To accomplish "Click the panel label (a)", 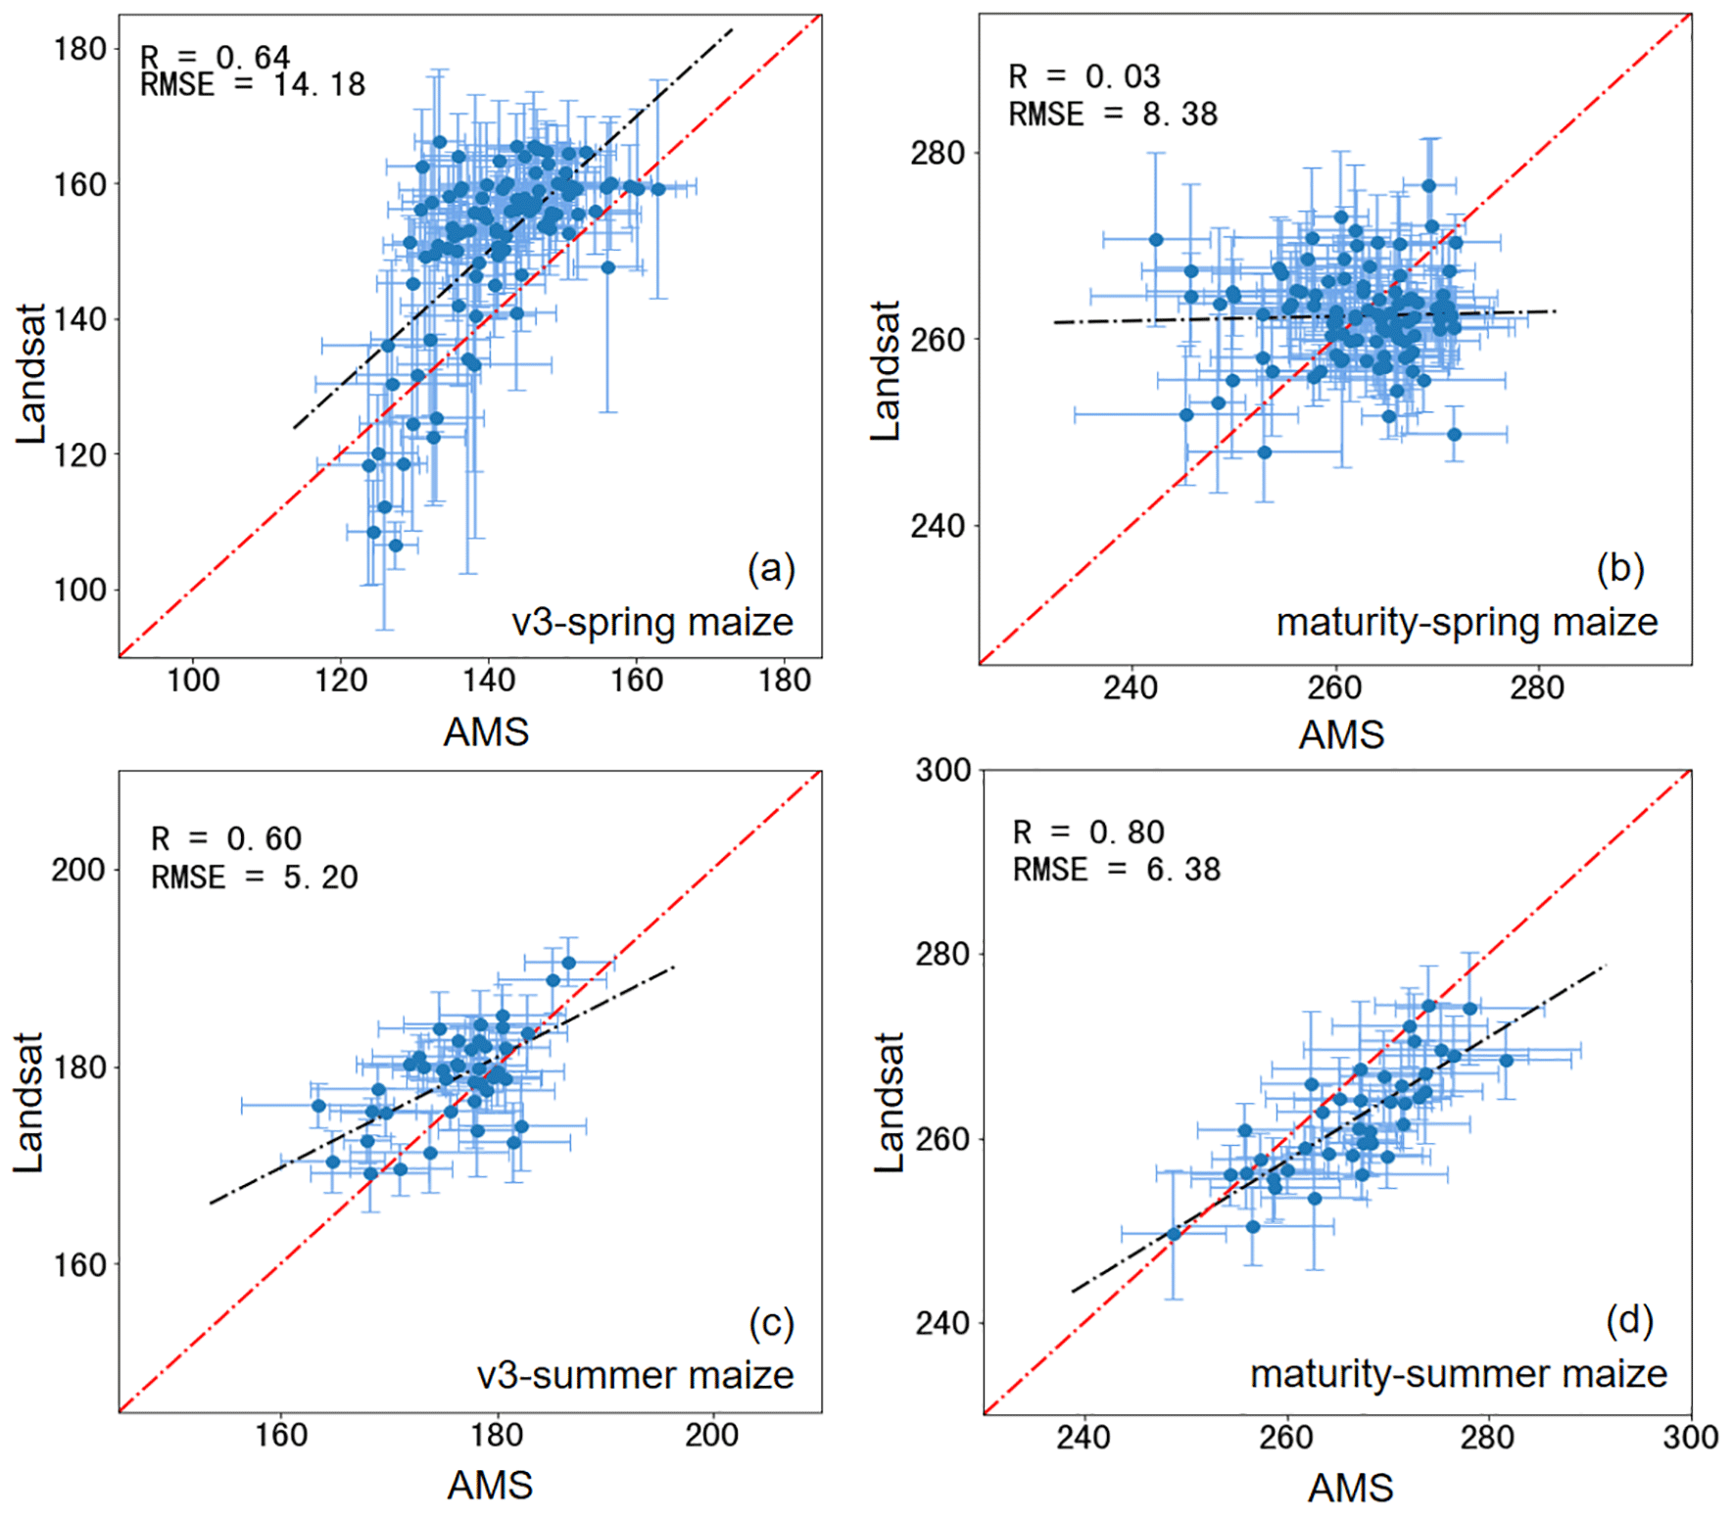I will [771, 569].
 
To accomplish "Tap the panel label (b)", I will [1620, 569].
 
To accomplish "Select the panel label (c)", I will [771, 1323].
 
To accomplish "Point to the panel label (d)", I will [1630, 1321].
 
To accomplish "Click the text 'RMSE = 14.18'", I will [253, 85].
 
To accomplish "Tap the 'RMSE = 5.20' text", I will [255, 876].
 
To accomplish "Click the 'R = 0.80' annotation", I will [1088, 832].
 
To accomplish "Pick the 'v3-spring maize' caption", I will [652, 623].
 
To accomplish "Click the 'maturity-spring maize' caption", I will [1467, 623].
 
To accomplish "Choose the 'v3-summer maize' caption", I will [636, 1376].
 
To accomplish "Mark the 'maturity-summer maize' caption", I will [1459, 1374].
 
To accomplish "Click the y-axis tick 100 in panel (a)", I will [80, 591].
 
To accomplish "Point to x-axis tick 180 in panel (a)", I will [785, 681].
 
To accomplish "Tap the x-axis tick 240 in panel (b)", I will [1131, 688].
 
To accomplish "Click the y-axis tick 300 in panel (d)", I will [942, 771].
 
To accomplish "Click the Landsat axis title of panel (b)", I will [886, 371].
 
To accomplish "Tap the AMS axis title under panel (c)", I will [490, 1486].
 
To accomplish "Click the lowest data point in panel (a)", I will [396, 545].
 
